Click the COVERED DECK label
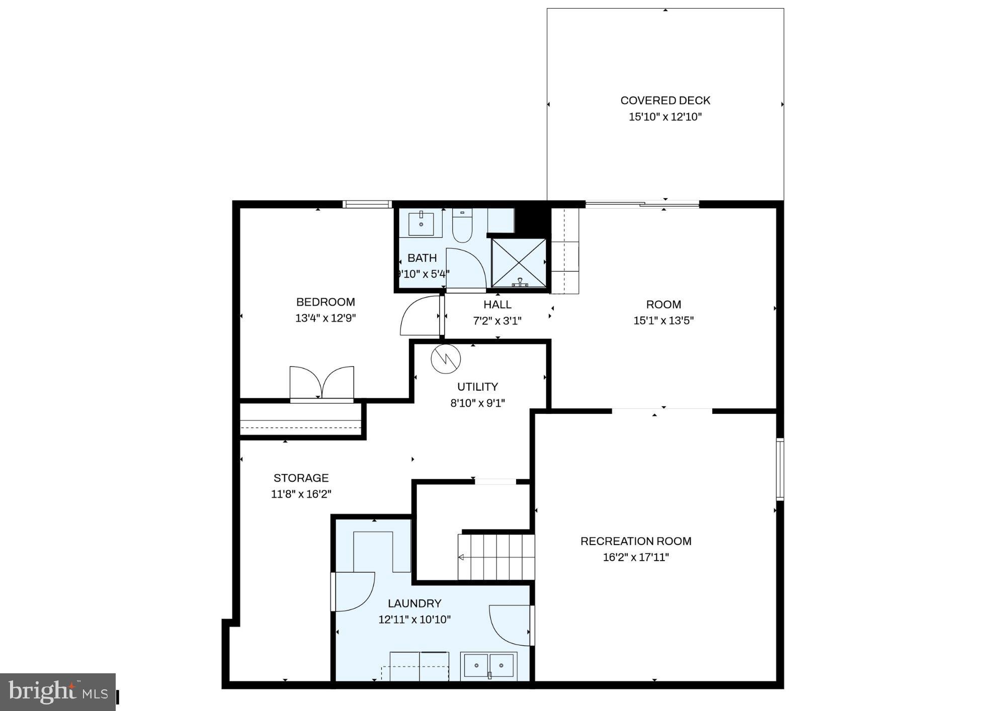point(665,101)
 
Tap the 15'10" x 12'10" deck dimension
point(665,117)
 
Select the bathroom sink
point(421,224)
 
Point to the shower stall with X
point(519,263)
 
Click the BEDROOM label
point(325,302)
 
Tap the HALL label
point(497,305)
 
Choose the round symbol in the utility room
point(446,359)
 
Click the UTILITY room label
point(477,387)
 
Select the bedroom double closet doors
point(322,384)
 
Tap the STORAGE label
point(301,478)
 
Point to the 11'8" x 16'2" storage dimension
point(301,494)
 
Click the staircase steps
point(496,557)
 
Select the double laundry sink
point(488,666)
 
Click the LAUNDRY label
point(414,603)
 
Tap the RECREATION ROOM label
point(636,542)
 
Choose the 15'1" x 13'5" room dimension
point(663,321)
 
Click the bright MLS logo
point(58,692)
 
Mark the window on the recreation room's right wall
point(780,469)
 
